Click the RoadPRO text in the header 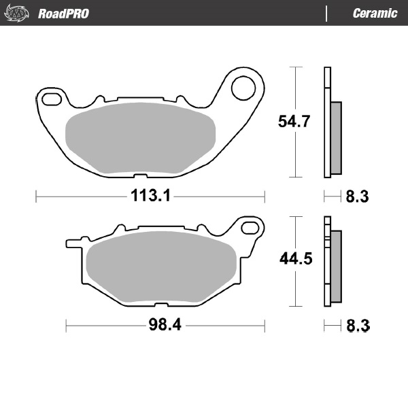click(x=63, y=14)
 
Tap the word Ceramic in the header click(x=375, y=14)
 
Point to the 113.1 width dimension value click(x=150, y=197)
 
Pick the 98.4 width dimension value click(x=165, y=326)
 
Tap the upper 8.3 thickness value click(x=357, y=197)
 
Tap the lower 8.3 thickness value click(x=357, y=326)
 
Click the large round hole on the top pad click(x=242, y=87)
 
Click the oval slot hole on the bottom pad click(x=250, y=227)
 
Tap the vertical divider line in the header click(x=328, y=14)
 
